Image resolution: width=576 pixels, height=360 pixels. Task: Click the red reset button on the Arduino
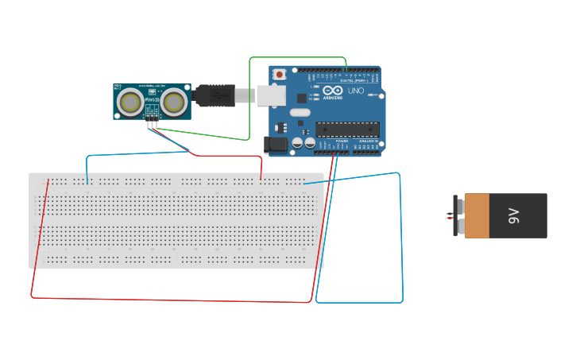click(x=280, y=75)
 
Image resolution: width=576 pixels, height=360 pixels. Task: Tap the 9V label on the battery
click(x=513, y=215)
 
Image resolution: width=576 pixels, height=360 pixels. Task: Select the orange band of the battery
click(x=477, y=215)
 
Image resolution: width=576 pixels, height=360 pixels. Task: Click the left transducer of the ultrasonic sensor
click(x=130, y=102)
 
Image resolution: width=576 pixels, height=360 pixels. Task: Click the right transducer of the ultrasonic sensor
click(x=174, y=101)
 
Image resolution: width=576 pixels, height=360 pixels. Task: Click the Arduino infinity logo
click(x=331, y=91)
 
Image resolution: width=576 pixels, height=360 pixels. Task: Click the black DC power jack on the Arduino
click(x=275, y=145)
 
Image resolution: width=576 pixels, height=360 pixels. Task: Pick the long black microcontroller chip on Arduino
click(x=347, y=129)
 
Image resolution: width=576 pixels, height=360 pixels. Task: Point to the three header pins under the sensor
click(x=151, y=122)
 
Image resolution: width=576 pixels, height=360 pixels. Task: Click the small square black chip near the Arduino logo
click(x=301, y=98)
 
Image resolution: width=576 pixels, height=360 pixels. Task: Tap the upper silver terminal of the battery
click(x=458, y=204)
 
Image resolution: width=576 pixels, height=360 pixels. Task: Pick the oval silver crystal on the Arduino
click(x=299, y=114)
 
